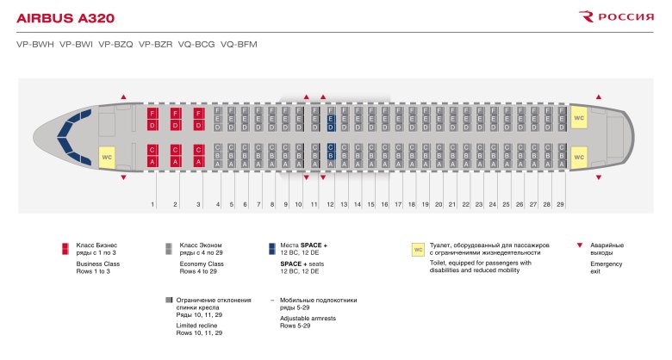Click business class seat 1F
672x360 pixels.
tap(152, 113)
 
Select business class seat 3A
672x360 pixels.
tap(199, 161)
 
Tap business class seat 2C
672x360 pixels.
tap(176, 149)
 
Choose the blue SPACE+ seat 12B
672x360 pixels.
tap(330, 155)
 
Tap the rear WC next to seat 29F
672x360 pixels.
tap(579, 118)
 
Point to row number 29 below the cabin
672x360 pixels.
tap(560, 204)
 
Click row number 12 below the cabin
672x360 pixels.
tap(330, 204)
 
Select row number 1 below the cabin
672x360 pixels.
tap(152, 204)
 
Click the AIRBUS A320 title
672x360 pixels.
tap(65, 17)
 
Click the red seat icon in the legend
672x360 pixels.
tap(65, 249)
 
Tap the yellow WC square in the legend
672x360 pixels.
tap(419, 249)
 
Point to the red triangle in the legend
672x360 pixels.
tap(577, 246)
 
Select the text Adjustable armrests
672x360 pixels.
tap(308, 319)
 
